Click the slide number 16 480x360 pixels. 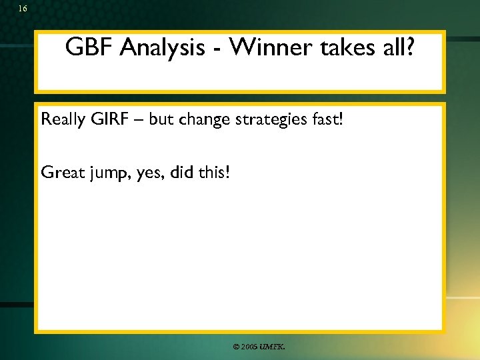23,9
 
